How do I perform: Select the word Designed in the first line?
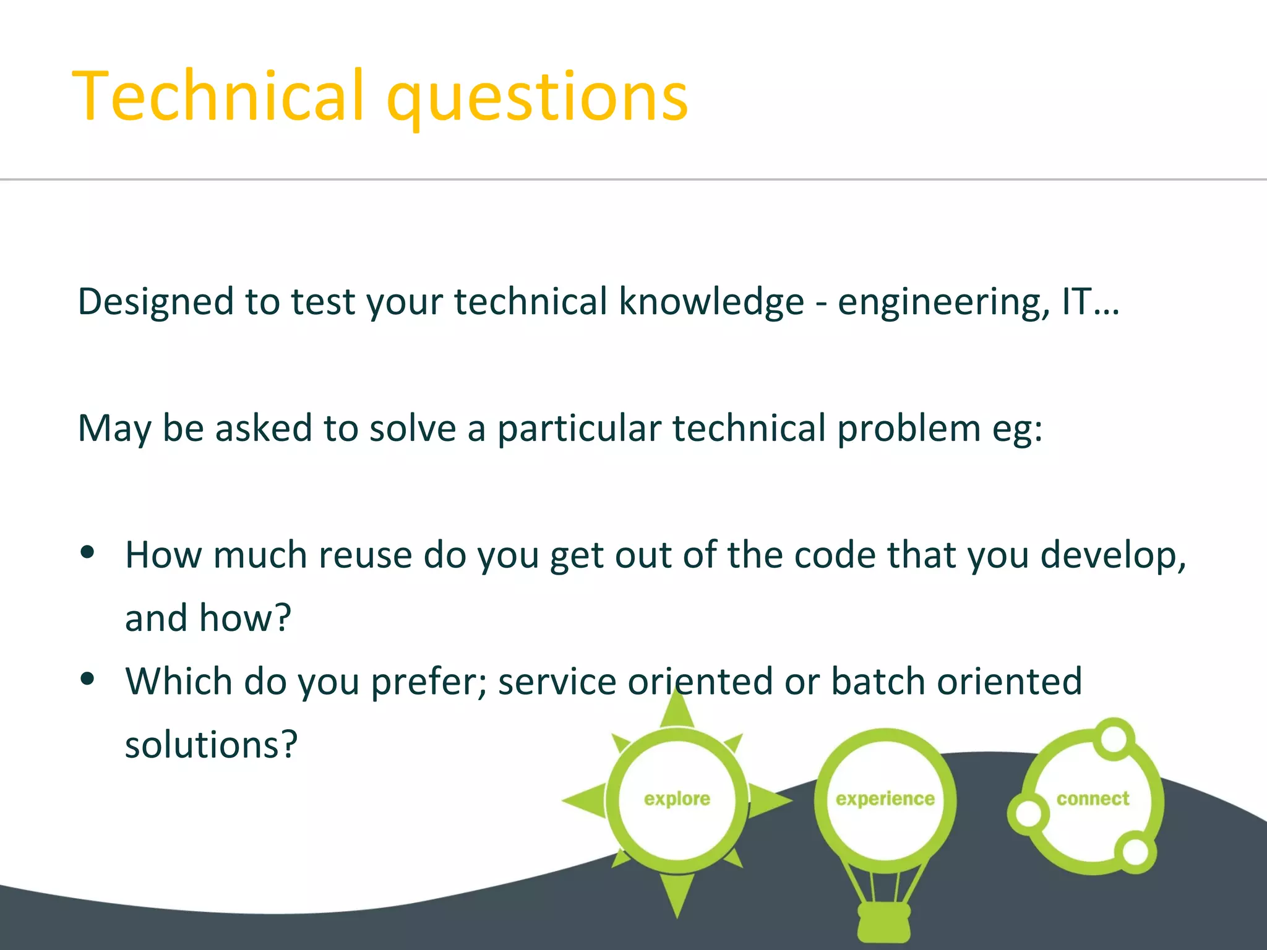tap(156, 302)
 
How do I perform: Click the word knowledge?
tap(711, 302)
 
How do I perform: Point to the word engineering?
tap(943, 303)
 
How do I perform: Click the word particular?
tap(579, 429)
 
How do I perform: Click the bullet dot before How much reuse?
tap(88, 552)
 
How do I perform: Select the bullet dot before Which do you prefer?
tap(88, 678)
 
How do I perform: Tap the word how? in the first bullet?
tap(245, 618)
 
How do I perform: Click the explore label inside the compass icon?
tap(677, 799)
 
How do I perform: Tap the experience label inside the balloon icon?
tap(885, 799)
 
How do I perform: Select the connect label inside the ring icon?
tap(1093, 799)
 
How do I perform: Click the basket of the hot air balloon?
tap(885, 922)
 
